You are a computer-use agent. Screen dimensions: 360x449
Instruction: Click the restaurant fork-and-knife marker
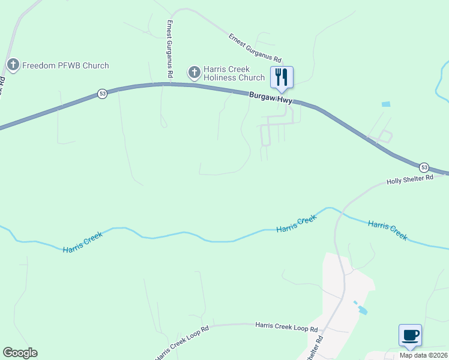tap(282, 77)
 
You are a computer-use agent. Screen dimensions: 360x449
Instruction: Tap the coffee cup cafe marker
tap(410, 335)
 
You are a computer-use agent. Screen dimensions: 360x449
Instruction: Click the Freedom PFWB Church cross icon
tap(14, 65)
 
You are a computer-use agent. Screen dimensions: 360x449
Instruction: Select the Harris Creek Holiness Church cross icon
tap(194, 73)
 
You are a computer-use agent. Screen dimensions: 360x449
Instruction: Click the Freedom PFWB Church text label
tap(65, 65)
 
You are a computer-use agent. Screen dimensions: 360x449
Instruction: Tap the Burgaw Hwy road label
tap(271, 98)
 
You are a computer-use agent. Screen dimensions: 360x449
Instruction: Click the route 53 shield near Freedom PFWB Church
tap(103, 94)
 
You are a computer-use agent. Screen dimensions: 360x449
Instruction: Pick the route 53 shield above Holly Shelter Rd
tap(424, 167)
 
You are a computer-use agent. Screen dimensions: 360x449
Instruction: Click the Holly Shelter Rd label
tap(409, 179)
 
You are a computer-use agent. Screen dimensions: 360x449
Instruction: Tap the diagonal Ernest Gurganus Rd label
tap(255, 49)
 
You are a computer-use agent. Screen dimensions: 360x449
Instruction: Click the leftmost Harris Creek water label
tap(83, 241)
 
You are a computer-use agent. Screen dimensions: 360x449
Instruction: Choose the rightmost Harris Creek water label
tap(387, 230)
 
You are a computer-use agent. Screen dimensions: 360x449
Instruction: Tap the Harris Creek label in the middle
tap(296, 224)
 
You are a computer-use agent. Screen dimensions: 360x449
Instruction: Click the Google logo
tap(20, 353)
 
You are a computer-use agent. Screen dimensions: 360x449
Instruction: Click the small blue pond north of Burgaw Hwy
tap(385, 104)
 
